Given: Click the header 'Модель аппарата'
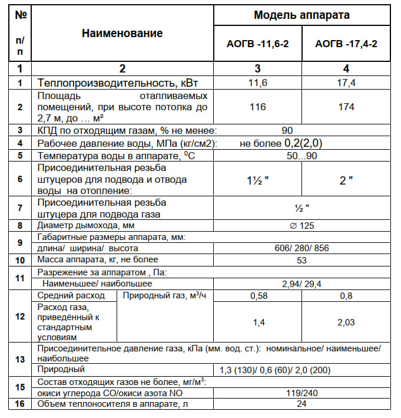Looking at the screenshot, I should [301, 15].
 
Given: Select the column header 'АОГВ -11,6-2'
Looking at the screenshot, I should [257, 44].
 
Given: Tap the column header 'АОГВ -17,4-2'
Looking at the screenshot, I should [346, 44].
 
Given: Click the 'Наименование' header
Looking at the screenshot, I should [122, 34].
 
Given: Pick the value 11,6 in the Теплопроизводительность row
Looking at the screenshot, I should [257, 83].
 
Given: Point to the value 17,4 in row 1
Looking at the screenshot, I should [346, 83].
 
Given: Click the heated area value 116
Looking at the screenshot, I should [257, 107].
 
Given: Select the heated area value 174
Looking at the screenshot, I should [346, 107].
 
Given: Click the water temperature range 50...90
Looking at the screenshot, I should [302, 156].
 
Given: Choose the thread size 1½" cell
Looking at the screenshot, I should [257, 180].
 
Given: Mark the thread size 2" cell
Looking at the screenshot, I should [346, 180].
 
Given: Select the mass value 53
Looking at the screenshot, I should [302, 260].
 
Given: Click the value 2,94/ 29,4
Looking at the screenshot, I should [302, 284].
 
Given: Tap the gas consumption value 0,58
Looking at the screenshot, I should [257, 295].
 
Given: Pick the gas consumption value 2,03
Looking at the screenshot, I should [346, 322].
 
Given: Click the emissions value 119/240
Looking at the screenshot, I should [302, 392].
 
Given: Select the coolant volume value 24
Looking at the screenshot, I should [302, 404].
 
